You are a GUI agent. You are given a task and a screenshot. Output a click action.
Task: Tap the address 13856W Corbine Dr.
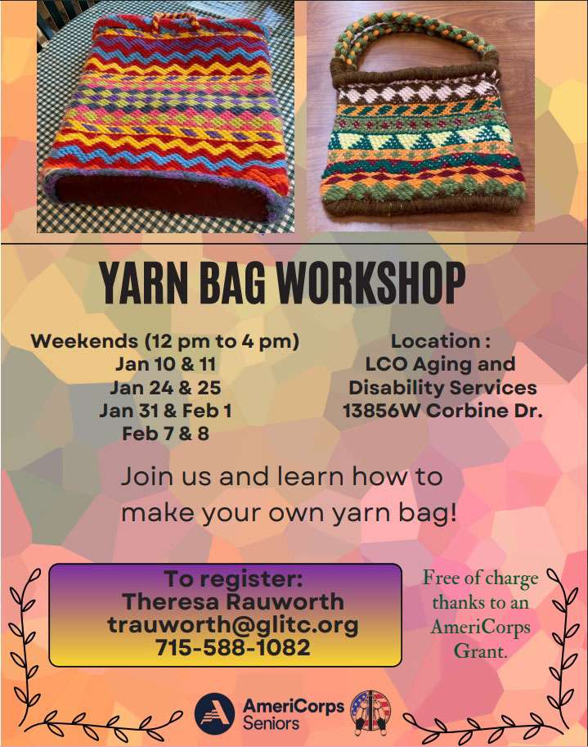coord(442,410)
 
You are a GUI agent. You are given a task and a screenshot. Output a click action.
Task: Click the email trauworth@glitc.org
coord(233,625)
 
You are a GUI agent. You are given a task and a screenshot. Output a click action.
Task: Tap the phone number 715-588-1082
coord(233,648)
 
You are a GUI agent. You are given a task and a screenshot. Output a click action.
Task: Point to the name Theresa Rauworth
coord(233,602)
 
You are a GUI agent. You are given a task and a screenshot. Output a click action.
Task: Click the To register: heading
coord(233,579)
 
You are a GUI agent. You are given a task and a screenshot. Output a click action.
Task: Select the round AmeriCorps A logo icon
coord(215,713)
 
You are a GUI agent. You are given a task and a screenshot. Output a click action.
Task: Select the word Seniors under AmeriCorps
coord(271,723)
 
